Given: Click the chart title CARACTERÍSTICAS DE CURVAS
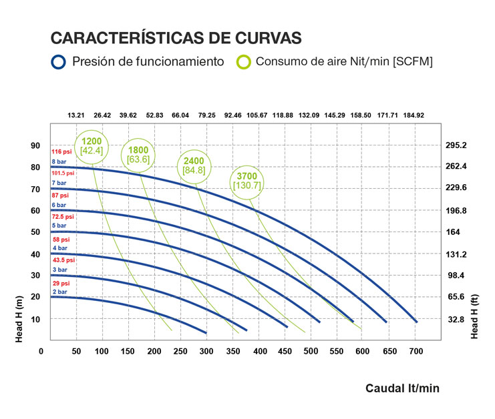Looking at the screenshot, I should (176, 37).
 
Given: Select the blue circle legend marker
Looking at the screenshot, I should (59, 62).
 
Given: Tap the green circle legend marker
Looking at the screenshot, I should (244, 62).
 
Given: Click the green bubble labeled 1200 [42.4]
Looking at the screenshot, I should (92, 145).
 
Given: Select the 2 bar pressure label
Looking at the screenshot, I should (59, 292).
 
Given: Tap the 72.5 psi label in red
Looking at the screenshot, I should (61, 217).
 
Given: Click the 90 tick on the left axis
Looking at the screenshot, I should (35, 145).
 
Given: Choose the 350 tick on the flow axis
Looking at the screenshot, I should (233, 351).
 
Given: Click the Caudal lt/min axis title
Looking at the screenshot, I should (402, 388).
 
